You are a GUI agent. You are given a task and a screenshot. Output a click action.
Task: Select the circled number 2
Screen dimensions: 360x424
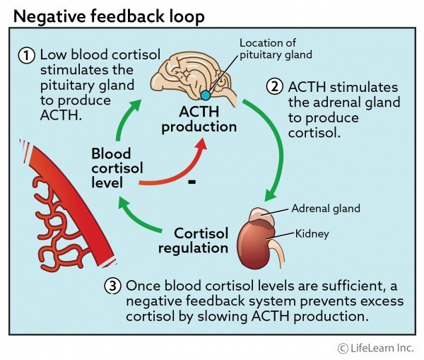pyautogui.click(x=276, y=88)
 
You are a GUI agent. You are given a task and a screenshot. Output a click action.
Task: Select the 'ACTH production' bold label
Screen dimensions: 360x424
pyautogui.click(x=206, y=120)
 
